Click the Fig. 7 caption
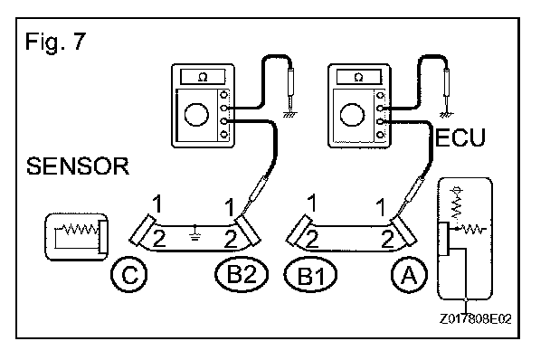[x=55, y=42]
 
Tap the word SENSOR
[x=78, y=166]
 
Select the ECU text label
[x=460, y=137]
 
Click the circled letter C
[x=129, y=275]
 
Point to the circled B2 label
[x=242, y=275]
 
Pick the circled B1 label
[x=310, y=275]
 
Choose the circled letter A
[x=410, y=275]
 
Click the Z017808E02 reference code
[x=475, y=319]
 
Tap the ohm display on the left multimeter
[x=203, y=77]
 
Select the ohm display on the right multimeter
[x=359, y=77]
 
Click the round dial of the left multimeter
[x=196, y=115]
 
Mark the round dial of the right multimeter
[x=353, y=115]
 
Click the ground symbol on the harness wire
[x=195, y=232]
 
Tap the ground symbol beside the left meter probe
[x=289, y=114]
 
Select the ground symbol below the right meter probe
[x=446, y=114]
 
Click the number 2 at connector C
[x=159, y=240]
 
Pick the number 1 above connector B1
[x=311, y=204]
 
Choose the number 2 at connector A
[x=387, y=239]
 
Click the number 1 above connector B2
[x=230, y=207]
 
